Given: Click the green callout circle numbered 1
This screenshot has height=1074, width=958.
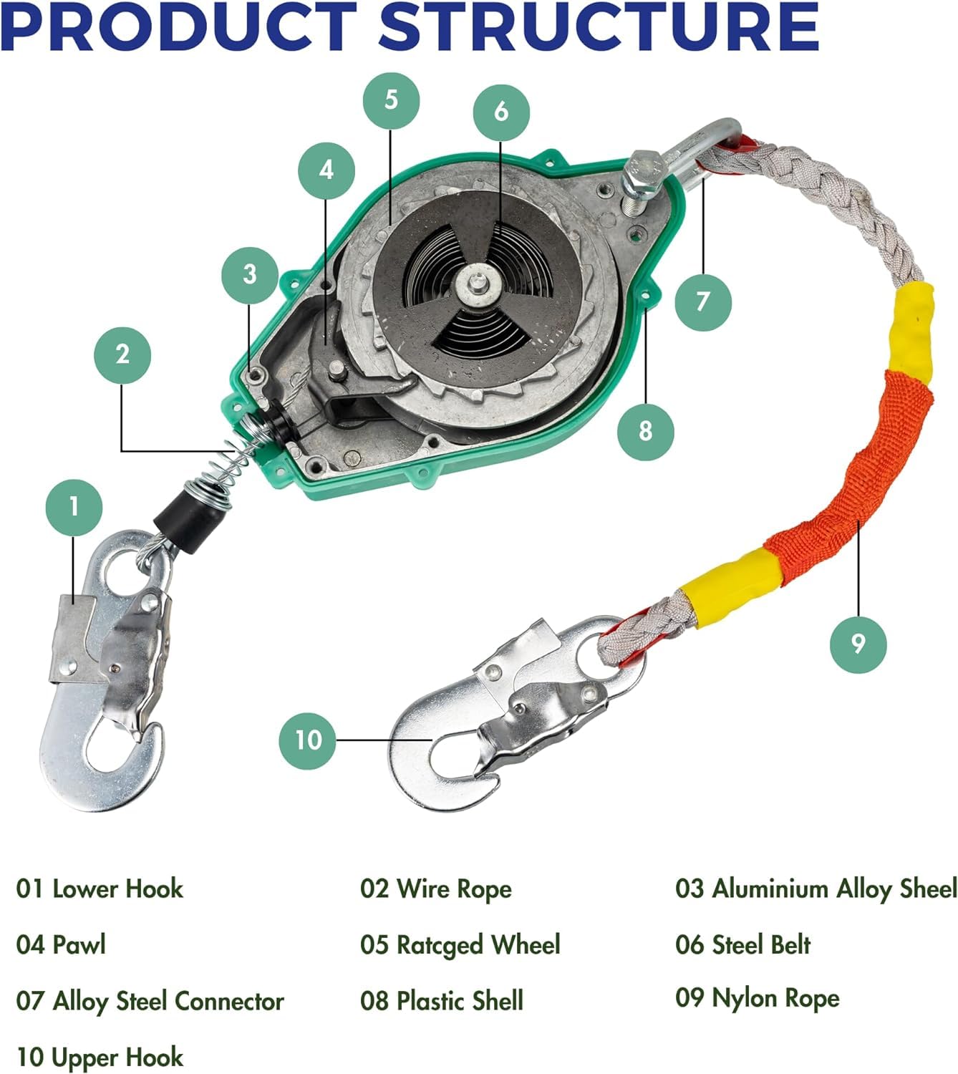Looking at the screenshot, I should click(74, 507).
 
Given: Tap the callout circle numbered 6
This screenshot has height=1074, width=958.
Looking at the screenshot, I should click(501, 111).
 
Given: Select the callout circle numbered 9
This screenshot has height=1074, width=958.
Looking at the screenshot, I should click(858, 643).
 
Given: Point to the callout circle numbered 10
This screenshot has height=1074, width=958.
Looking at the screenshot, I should click(308, 740).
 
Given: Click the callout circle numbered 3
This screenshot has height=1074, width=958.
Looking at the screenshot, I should click(249, 274).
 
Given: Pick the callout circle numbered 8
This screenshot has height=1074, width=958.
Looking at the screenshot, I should click(646, 430).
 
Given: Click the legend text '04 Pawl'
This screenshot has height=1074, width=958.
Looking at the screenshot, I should click(61, 944).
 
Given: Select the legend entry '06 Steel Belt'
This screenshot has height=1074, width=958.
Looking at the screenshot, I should click(742, 944).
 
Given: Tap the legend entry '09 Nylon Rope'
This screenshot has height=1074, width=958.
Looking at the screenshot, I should click(757, 998).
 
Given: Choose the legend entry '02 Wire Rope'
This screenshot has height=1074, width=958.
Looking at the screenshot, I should click(435, 889).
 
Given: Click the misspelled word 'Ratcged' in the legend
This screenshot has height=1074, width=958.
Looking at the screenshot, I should click(440, 945).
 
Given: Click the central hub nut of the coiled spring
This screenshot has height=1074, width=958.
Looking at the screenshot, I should click(475, 284).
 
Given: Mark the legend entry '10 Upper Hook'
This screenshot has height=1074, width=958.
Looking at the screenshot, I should click(100, 1057).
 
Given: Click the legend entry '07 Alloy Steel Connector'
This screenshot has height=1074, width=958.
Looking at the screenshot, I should click(150, 1000).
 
